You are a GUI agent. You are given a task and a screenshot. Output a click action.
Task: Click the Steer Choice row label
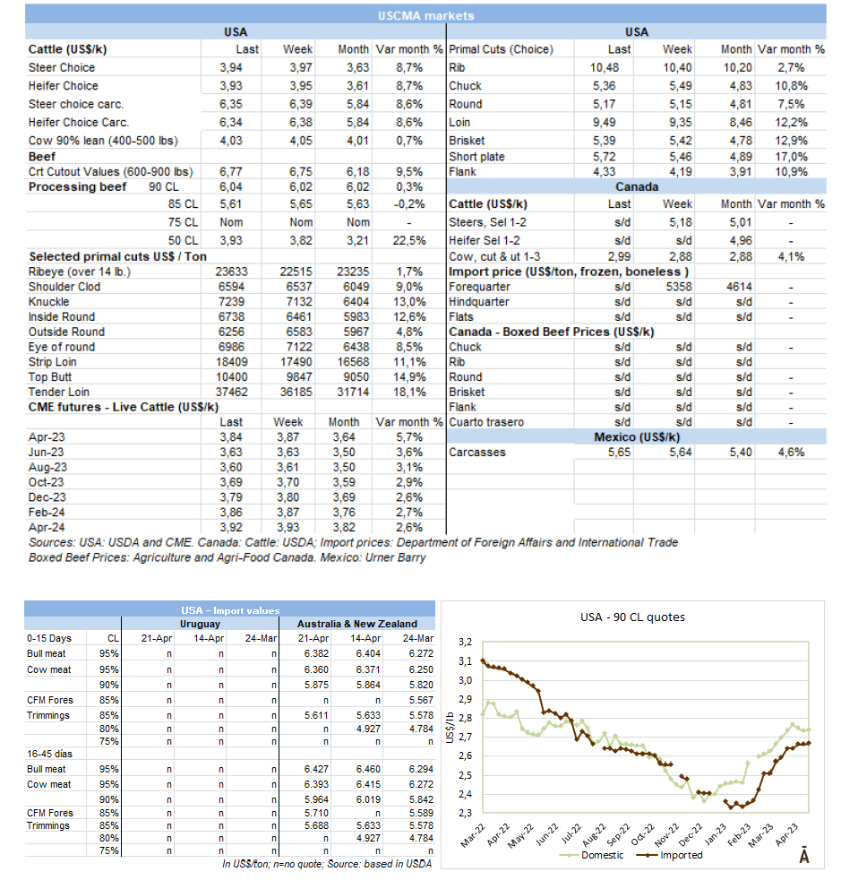pyautogui.click(x=62, y=67)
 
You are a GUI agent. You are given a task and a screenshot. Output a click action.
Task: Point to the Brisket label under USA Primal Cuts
pyautogui.click(x=466, y=141)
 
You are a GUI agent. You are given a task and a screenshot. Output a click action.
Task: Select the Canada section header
pyautogui.click(x=637, y=188)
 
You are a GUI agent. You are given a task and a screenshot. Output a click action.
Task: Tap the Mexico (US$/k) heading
pyautogui.click(x=637, y=436)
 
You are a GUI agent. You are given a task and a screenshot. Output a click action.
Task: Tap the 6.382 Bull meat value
pyautogui.click(x=316, y=653)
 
